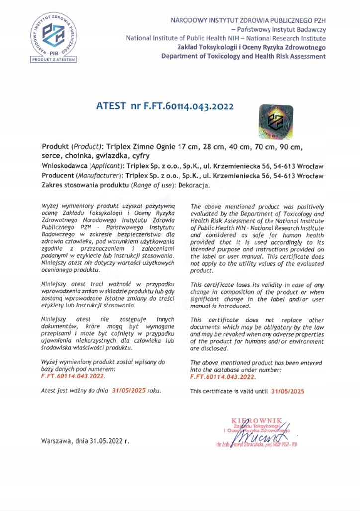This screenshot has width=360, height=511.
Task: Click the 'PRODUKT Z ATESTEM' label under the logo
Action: [52, 60]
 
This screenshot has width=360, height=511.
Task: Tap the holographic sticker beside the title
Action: [276, 122]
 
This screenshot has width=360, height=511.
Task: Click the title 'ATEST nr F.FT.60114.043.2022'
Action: [165, 106]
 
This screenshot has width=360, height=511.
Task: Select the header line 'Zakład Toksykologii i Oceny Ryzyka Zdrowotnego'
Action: [252, 47]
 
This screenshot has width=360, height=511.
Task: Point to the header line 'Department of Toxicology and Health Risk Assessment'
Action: [244, 56]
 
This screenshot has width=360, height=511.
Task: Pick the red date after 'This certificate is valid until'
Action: [288, 392]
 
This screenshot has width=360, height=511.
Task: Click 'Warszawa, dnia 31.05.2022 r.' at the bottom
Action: [85, 441]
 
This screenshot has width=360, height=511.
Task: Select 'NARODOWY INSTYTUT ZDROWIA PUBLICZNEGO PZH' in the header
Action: [248, 21]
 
